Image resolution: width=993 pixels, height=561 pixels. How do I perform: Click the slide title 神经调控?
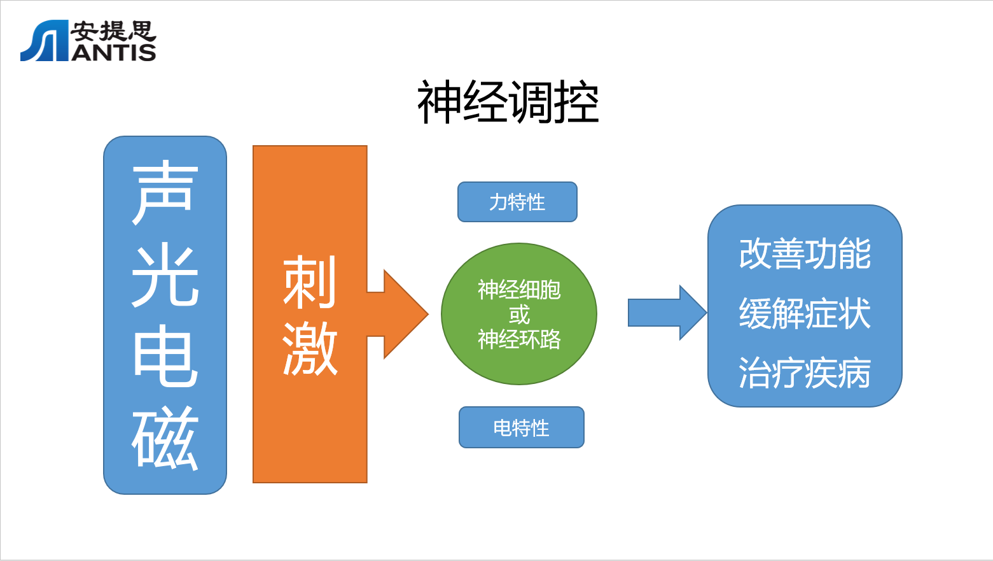508,103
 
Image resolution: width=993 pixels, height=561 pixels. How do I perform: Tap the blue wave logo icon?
44,41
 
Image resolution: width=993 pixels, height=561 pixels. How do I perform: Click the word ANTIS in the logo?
114,52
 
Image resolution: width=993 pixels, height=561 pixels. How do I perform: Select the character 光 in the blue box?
165,275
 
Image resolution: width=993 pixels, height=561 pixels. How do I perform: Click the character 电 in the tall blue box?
165,356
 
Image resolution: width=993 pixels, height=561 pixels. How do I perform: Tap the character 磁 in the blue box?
165,438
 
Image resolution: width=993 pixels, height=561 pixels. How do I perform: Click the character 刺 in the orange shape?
309,281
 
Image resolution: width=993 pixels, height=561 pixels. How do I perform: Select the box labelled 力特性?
517,202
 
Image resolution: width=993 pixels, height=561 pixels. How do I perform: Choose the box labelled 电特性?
521,427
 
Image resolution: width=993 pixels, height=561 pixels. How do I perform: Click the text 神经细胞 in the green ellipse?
519,290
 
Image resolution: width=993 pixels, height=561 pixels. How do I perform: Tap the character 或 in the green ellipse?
519,314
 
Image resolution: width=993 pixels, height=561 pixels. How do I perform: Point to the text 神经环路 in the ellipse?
519,339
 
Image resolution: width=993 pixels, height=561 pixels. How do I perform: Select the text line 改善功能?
805,253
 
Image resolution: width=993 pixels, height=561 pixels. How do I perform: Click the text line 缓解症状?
805,313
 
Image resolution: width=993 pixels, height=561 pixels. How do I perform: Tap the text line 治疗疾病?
805,373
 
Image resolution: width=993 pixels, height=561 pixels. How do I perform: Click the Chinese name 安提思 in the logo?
113,31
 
